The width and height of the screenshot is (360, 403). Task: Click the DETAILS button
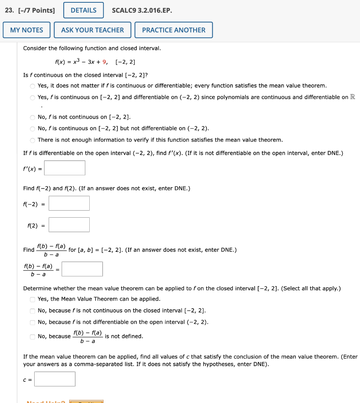point(83,10)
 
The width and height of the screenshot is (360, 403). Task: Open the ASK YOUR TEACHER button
point(92,30)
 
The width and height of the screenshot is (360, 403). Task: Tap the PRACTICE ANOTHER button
point(174,30)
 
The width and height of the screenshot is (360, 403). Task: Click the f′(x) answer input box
point(65,168)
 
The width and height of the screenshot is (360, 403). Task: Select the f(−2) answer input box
point(69,203)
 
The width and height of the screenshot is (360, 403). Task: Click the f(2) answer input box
point(69,225)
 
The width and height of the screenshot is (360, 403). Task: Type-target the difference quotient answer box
point(82,269)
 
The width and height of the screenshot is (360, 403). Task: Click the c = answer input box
point(55,379)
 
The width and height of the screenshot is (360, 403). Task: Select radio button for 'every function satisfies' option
point(32,86)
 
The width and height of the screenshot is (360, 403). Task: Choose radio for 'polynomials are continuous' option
point(32,98)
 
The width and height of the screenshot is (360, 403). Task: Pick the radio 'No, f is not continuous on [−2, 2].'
point(32,117)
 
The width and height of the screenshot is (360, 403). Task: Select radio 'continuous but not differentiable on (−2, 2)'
point(32,129)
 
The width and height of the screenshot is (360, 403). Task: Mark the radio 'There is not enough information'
point(32,140)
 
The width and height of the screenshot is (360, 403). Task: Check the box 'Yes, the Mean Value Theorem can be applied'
point(32,299)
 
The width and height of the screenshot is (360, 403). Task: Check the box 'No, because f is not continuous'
point(32,311)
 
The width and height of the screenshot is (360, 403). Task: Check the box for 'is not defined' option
point(32,336)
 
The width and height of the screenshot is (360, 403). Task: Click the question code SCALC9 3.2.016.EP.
point(142,10)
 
